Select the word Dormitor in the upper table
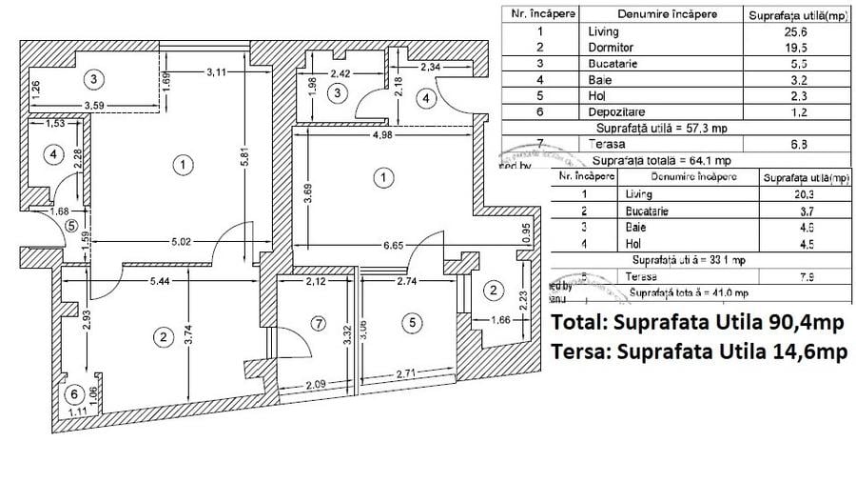611,47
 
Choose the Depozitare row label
616,110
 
